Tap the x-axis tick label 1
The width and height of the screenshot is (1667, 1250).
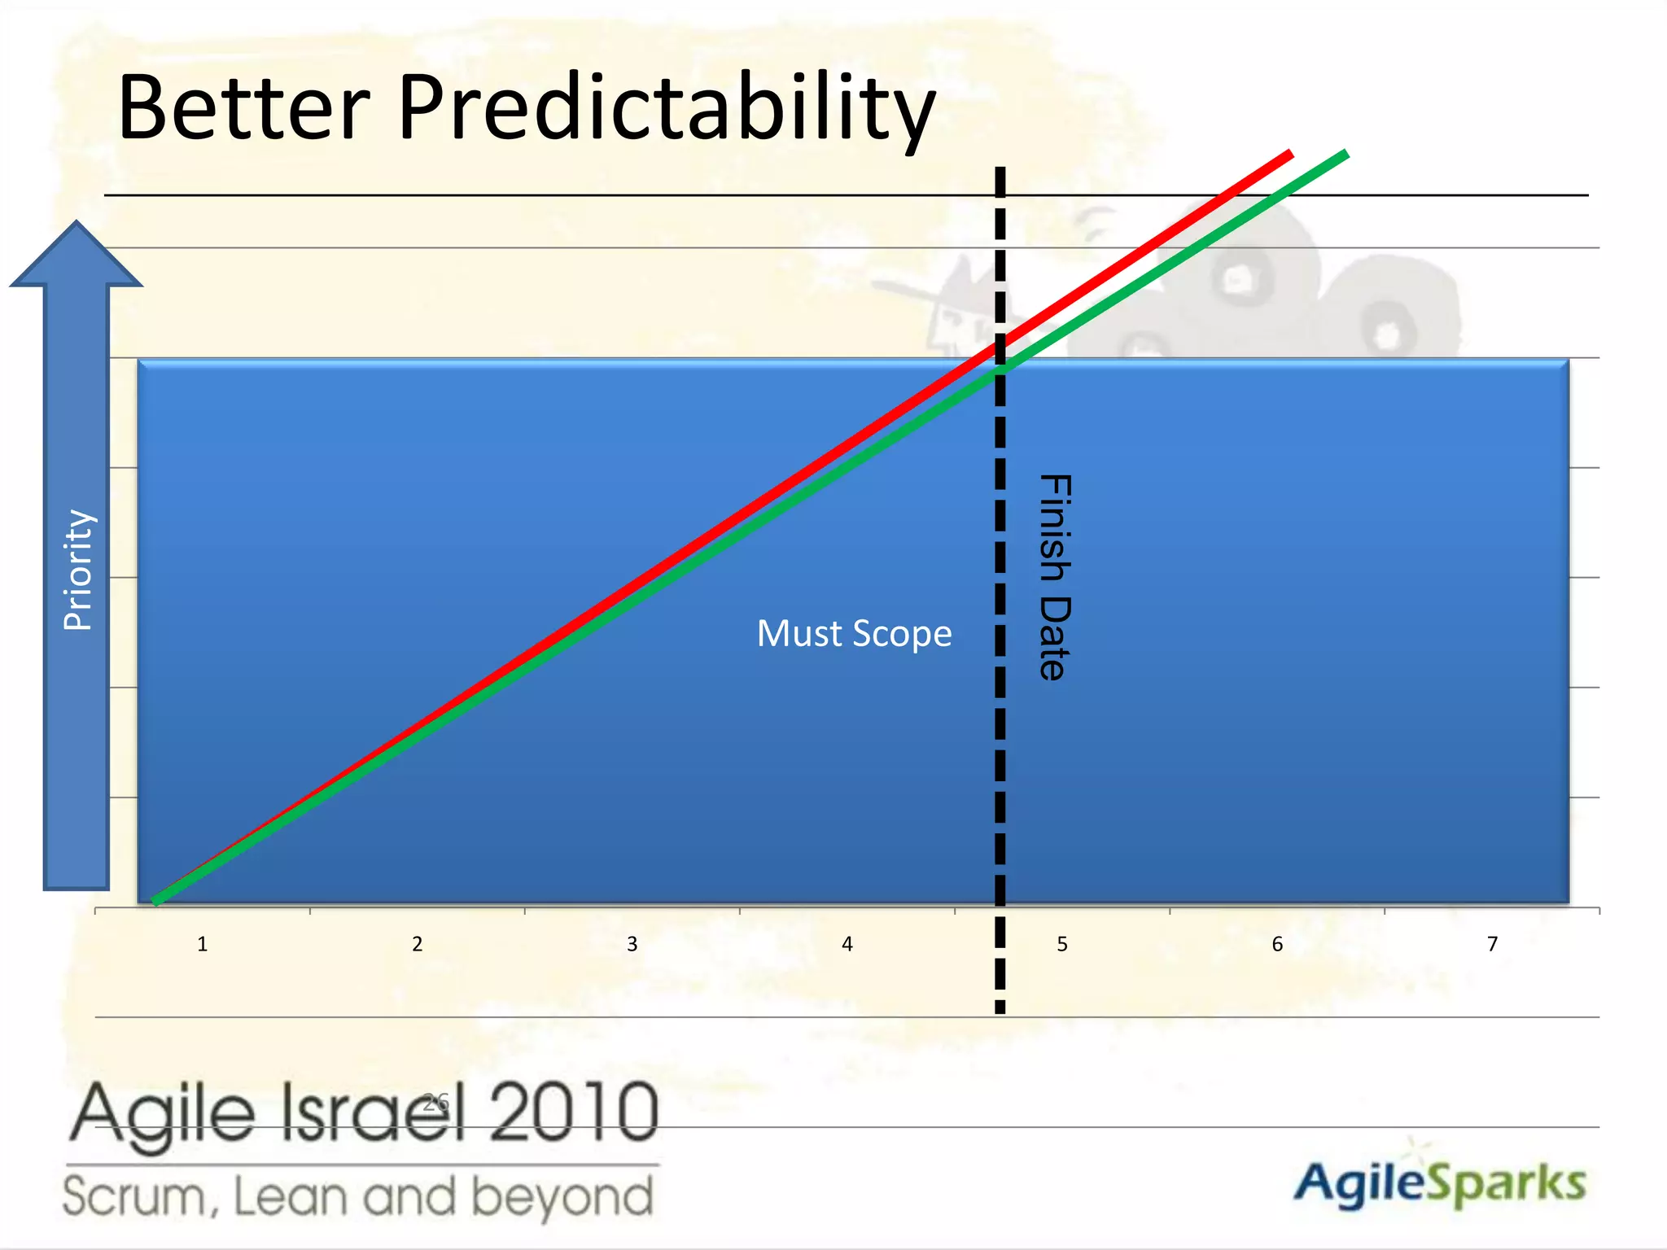tap(203, 944)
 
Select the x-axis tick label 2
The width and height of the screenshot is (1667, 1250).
tap(418, 944)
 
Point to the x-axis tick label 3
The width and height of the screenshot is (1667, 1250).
tap(632, 944)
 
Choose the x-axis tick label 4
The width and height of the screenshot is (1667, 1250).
tap(847, 944)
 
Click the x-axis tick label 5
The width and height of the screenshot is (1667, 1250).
tap(1062, 944)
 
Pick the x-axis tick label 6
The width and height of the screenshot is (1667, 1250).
tap(1277, 944)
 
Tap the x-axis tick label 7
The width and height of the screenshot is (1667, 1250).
tap(1492, 944)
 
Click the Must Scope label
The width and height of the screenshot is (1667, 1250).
tap(854, 634)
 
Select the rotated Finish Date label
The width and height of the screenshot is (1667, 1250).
tap(1055, 577)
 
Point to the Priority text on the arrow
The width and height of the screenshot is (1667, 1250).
tap(79, 570)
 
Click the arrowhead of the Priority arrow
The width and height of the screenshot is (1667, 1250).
tap(77, 256)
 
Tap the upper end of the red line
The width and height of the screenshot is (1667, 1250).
tap(1289, 154)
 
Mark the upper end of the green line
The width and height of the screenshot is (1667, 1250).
tap(1345, 154)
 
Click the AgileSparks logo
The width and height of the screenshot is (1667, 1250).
tap(1439, 1184)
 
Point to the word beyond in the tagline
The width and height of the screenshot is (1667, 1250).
tap(562, 1197)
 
